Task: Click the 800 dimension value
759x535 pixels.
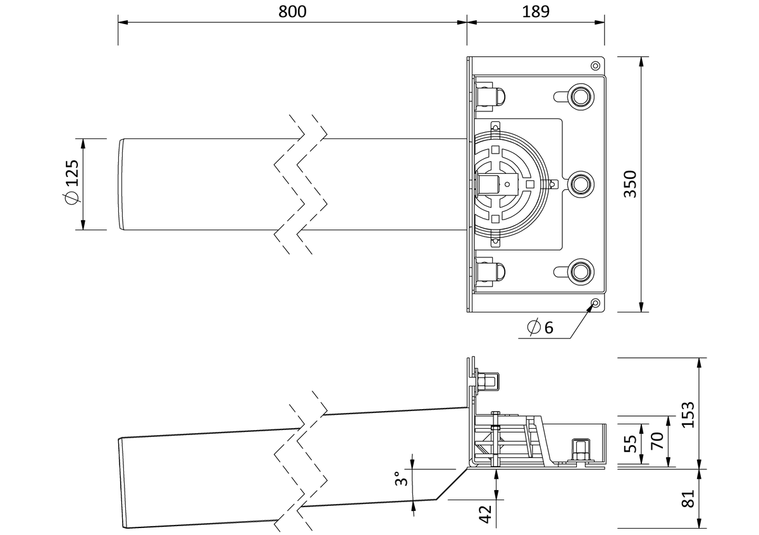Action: coord(292,11)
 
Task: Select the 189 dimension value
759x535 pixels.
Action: coord(536,11)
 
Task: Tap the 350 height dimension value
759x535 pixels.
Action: coord(631,184)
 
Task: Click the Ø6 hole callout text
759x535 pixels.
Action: coord(540,328)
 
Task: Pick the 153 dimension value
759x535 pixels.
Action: coord(688,415)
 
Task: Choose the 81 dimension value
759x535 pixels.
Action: coord(688,498)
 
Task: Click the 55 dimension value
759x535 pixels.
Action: coord(630,443)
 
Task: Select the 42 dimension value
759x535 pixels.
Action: coord(486,514)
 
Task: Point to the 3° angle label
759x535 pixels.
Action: coord(401,478)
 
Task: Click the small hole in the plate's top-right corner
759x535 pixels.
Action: coord(595,66)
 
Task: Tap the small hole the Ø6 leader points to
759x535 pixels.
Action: coord(595,302)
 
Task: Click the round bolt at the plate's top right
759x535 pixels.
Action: coord(582,97)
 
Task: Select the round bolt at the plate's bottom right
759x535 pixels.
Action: coord(582,271)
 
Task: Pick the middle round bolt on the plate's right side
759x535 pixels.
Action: coord(582,184)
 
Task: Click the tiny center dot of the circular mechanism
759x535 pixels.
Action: coord(507,184)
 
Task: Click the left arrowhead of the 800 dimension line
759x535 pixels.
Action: coord(123,22)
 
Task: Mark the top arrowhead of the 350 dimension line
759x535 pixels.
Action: coord(641,62)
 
